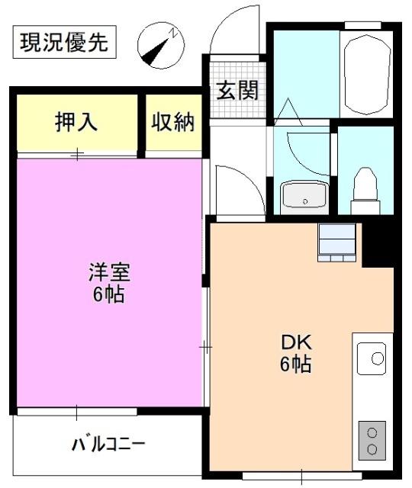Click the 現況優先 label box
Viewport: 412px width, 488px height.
[64, 42]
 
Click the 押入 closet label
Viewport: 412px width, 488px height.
[76, 122]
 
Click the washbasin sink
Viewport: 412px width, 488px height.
[304, 197]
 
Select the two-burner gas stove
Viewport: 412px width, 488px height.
[372, 440]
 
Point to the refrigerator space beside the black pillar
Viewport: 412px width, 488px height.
[337, 242]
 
